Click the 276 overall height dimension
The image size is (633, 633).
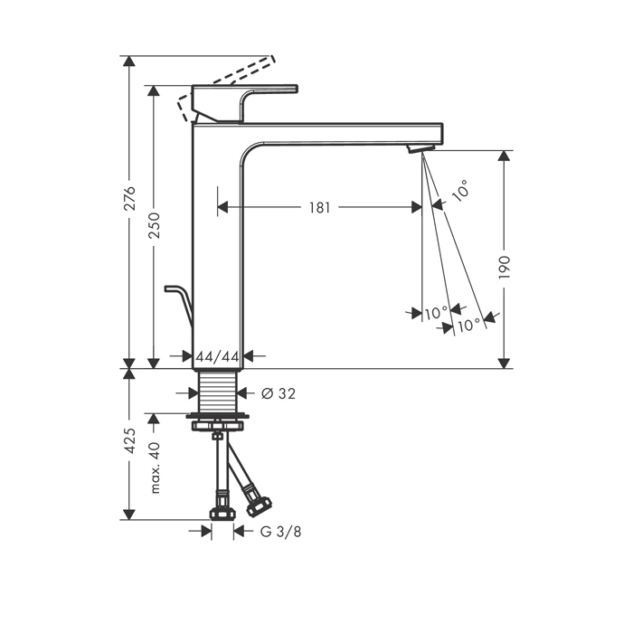coord(130,199)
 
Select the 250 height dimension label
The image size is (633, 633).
coord(155,224)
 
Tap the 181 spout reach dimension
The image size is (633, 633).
coord(320,207)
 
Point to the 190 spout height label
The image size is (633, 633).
coord(505,268)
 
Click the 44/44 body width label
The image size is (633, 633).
coord(218,356)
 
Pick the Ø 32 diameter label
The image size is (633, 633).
coord(279,393)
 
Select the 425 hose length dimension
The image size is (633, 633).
coord(130,441)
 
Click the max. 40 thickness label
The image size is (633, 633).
coord(155,468)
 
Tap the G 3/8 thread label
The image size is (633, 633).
coord(281,532)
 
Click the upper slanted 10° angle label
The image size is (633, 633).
coord(460,190)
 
